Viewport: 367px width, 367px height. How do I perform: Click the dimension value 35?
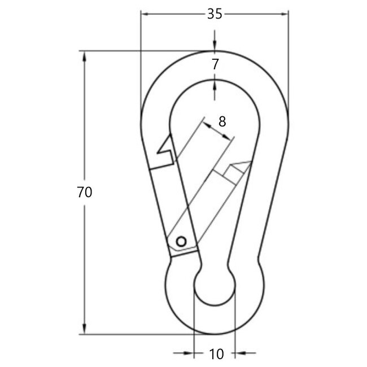[x=214, y=15]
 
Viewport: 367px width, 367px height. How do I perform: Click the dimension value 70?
[x=84, y=192]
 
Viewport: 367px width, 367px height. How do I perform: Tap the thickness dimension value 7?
[x=215, y=64]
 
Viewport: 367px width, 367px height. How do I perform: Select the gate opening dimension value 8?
[x=221, y=120]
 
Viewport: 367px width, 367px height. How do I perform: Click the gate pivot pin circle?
[x=181, y=241]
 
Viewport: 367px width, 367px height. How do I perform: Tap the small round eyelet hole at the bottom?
[x=215, y=287]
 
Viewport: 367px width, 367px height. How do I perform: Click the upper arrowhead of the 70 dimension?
[x=85, y=56]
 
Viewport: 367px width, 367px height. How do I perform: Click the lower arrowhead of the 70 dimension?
[x=85, y=330]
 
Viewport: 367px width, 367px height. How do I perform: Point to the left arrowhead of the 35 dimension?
[x=145, y=15]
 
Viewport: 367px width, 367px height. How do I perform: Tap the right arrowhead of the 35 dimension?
[x=284, y=15]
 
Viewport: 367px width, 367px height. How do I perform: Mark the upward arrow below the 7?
[x=215, y=84]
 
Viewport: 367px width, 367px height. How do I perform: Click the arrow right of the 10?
[x=239, y=354]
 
